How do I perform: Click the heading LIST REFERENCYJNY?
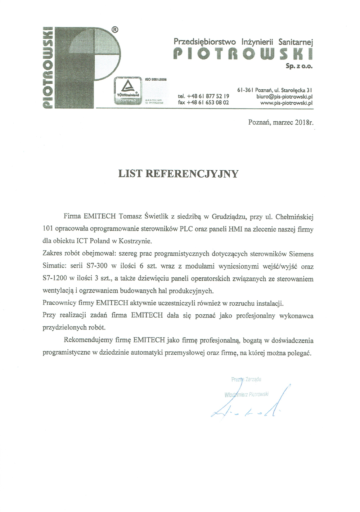coord(178,174)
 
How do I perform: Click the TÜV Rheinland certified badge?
coord(127,90)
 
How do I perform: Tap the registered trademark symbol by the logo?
coord(114,30)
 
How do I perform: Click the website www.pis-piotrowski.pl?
coord(286,103)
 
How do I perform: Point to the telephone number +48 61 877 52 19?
coord(203,96)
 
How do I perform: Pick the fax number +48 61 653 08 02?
coord(203,102)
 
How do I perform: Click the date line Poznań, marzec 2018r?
coord(281,122)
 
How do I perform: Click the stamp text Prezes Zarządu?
coord(246,379)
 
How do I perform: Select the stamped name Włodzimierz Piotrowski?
coord(247,394)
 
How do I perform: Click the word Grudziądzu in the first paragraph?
coord(229,217)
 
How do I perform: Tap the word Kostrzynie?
coord(136,241)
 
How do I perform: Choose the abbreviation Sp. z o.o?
coord(299,66)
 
